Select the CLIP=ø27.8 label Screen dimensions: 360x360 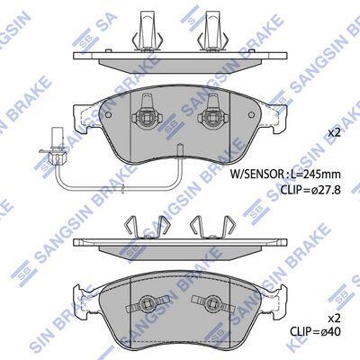(x=310, y=190)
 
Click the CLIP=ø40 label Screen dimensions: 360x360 (x=315, y=332)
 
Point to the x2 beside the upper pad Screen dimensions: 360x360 (x=334, y=133)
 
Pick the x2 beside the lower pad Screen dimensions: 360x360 (x=334, y=318)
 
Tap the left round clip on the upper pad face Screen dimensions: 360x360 (x=146, y=115)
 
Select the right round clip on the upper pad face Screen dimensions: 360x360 (x=212, y=115)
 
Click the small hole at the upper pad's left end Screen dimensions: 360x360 (x=109, y=115)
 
